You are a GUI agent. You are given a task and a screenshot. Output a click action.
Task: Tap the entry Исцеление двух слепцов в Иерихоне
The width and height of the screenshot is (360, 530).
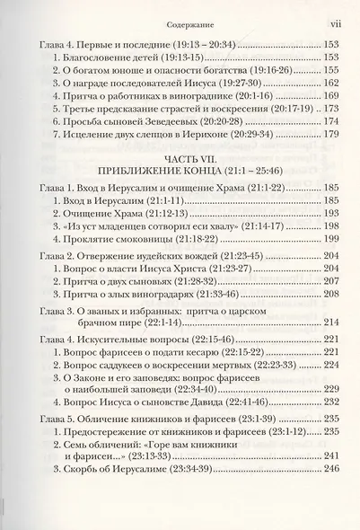point(144,160)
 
